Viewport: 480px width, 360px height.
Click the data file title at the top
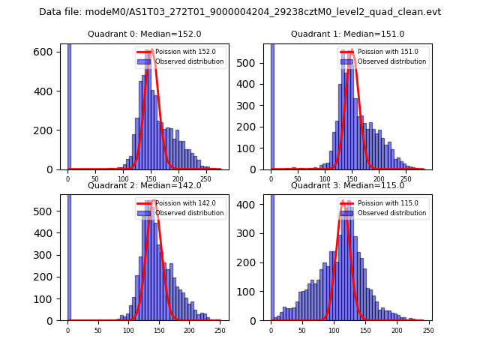coord(240,12)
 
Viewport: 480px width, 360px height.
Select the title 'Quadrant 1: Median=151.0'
coord(347,34)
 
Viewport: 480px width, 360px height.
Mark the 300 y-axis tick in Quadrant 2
coord(49,256)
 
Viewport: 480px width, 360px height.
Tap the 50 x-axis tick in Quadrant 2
coord(98,331)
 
